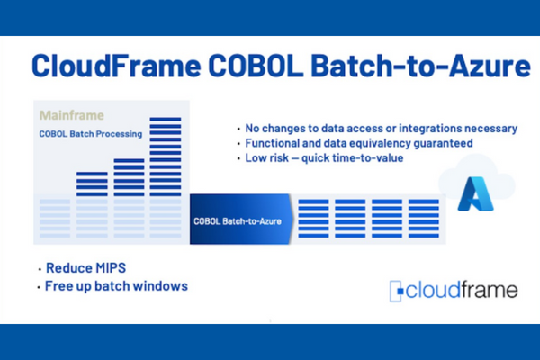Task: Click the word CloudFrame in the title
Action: pyautogui.click(x=116, y=66)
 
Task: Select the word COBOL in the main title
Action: pyautogui.click(x=256, y=66)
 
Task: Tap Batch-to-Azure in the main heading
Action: pyautogui.click(x=420, y=66)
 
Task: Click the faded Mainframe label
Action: pyautogui.click(x=72, y=115)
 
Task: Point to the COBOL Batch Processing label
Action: pyautogui.click(x=91, y=134)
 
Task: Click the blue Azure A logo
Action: pyautogui.click(x=475, y=193)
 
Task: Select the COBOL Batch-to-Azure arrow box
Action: pyautogui.click(x=241, y=220)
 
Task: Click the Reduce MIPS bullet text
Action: pyautogui.click(x=86, y=267)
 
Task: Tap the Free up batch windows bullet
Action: pyautogui.click(x=116, y=286)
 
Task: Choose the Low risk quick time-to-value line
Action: pyautogui.click(x=324, y=158)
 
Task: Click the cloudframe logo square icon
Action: pyautogui.click(x=396, y=291)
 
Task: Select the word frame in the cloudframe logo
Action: pyautogui.click(x=489, y=290)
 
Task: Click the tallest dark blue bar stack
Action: pyautogui.click(x=166, y=157)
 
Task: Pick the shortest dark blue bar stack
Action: pyautogui.click(x=92, y=184)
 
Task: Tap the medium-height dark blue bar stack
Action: pyautogui.click(x=129, y=177)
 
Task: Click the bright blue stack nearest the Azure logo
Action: pyautogui.click(x=424, y=219)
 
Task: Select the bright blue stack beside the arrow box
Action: pyautogui.click(x=313, y=219)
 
